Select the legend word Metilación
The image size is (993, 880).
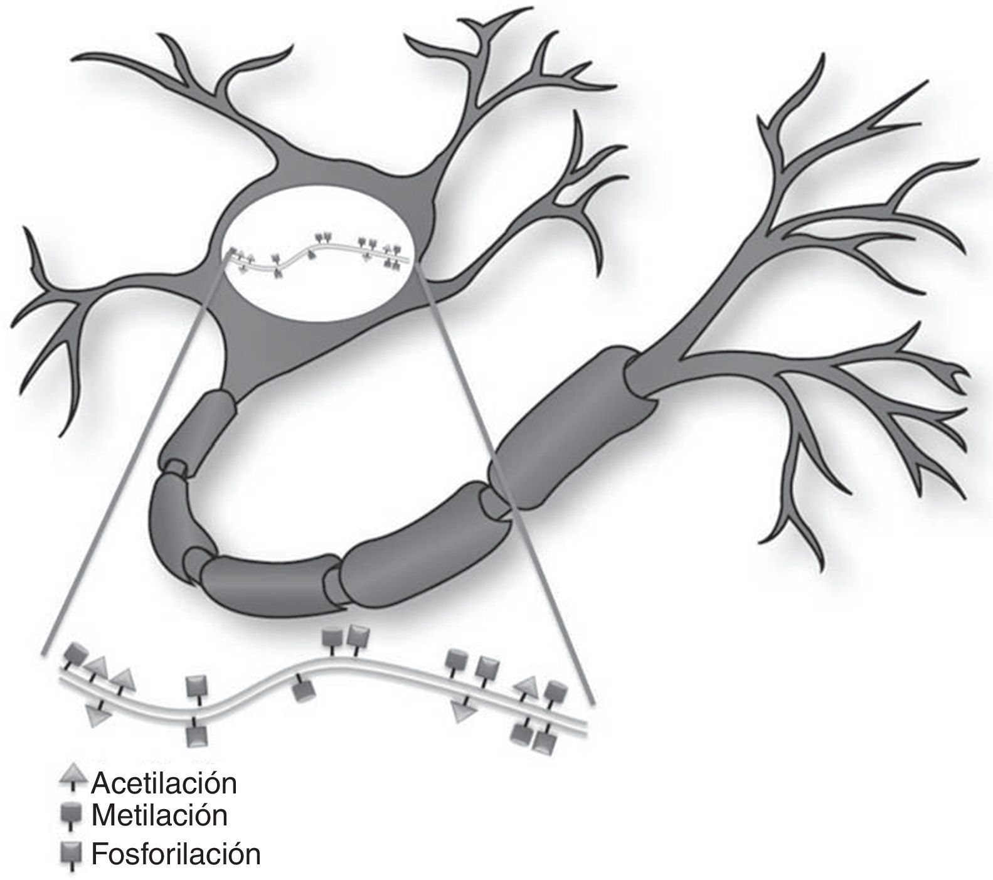click(x=159, y=815)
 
